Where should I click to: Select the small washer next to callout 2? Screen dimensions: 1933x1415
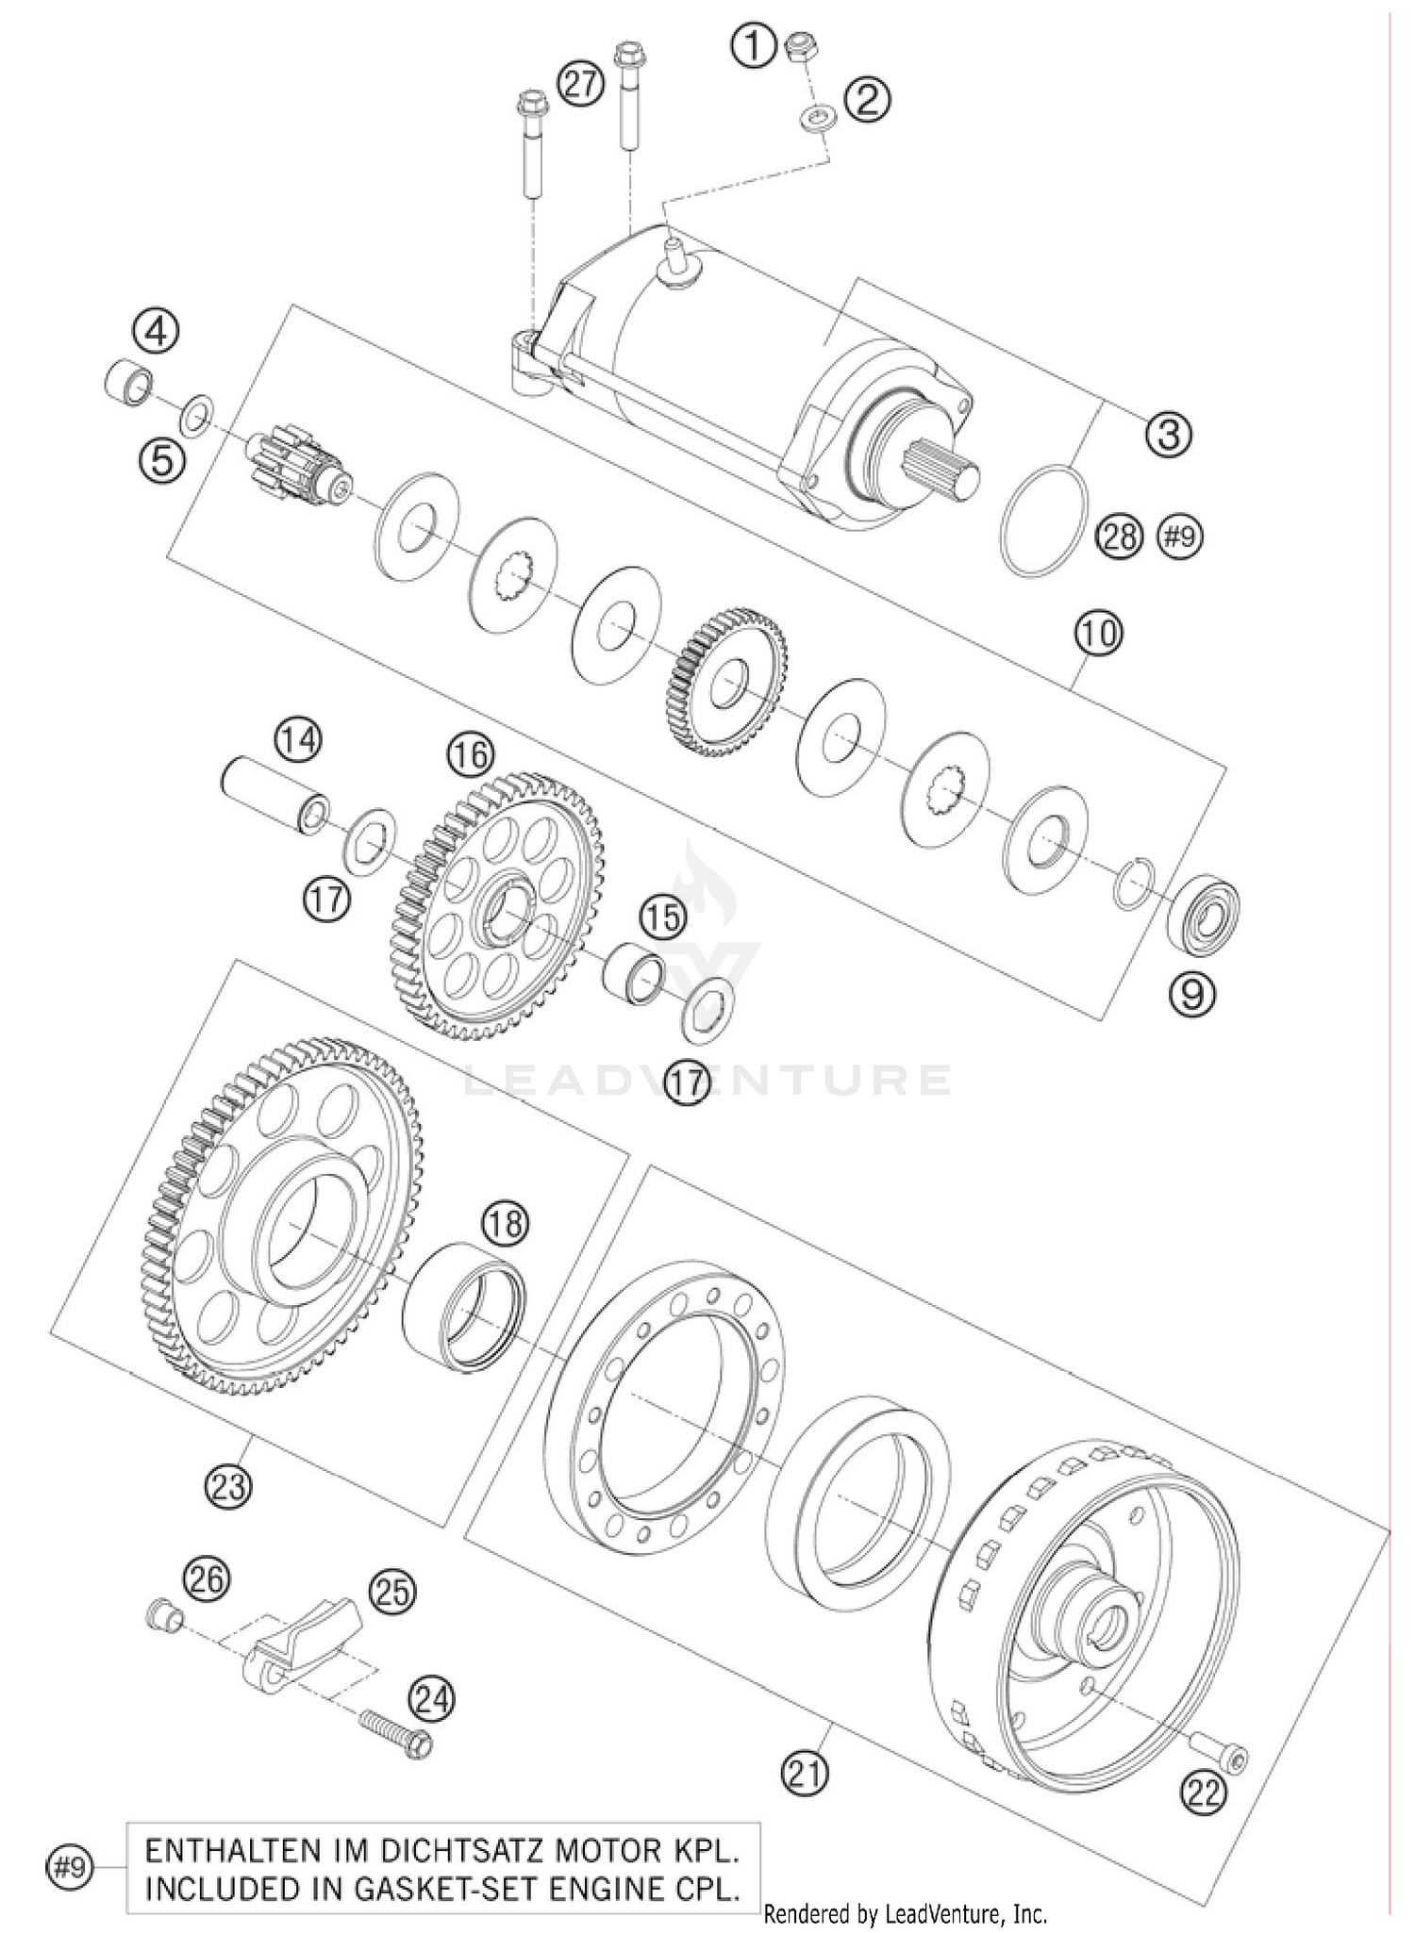tap(816, 119)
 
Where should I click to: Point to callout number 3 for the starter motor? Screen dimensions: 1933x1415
tap(1169, 435)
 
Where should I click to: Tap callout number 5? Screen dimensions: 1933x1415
tap(162, 462)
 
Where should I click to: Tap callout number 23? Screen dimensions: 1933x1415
tap(229, 1487)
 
